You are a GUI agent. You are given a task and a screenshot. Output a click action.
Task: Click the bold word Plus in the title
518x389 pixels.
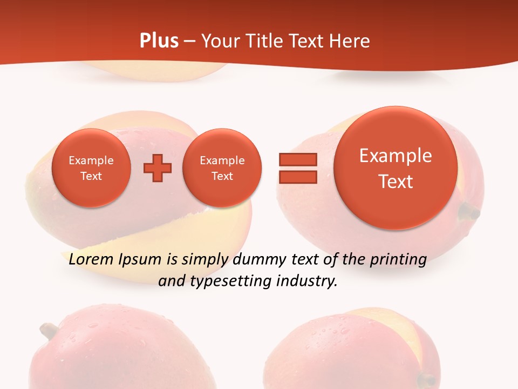[159, 41]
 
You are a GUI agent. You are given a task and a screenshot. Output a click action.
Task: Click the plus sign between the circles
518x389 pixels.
[158, 168]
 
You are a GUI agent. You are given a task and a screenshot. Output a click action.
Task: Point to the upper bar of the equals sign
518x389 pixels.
[297, 159]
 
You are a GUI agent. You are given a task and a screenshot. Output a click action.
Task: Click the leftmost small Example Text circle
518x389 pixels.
[91, 168]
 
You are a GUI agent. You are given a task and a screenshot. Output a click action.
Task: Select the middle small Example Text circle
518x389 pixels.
[222, 168]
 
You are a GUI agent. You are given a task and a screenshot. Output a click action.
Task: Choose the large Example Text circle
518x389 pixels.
[396, 168]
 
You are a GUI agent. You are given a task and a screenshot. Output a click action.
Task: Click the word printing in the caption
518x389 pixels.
[398, 260]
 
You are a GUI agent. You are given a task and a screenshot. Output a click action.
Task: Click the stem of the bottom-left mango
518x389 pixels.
[49, 329]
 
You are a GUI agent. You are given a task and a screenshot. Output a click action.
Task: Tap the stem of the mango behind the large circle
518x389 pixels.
[468, 212]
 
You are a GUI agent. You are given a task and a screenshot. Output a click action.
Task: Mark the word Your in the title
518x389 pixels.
[220, 41]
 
